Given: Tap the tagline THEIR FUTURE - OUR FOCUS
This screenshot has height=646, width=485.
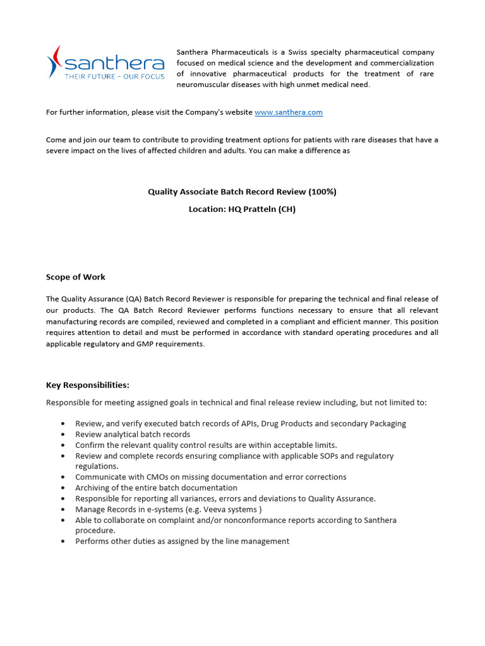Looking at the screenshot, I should (115, 77).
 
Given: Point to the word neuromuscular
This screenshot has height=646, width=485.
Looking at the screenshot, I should (204, 85).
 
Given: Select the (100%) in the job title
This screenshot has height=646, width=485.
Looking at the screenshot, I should (320, 192).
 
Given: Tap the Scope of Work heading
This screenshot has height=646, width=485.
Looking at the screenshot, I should (76, 277).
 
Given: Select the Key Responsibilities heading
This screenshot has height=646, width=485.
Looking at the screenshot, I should (87, 385).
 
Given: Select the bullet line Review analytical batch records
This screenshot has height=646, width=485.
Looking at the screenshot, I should (133, 435).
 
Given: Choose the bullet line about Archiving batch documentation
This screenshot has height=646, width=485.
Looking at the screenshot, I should (156, 488).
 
